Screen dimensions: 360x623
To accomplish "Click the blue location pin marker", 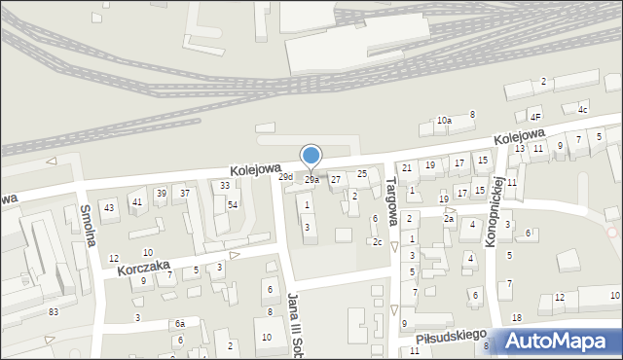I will click(311, 157).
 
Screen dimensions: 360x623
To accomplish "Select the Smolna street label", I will click(88, 225).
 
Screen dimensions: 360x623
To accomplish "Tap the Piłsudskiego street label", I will click(450, 335).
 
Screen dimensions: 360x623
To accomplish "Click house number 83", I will click(54, 311).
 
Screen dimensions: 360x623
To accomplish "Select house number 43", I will click(109, 207).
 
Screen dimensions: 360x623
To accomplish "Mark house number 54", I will click(233, 204).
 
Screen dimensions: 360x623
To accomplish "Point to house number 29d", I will click(285, 177).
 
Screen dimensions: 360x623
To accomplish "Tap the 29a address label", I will click(311, 180).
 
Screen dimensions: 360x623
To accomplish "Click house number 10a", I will click(444, 120).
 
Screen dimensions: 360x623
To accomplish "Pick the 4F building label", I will click(535, 117).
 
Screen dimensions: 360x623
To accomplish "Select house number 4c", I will click(582, 109).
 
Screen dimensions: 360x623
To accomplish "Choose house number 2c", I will click(377, 242).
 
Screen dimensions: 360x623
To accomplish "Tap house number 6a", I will click(179, 323).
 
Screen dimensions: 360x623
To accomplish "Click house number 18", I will click(517, 318).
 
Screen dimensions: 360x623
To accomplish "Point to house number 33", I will click(225, 185).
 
